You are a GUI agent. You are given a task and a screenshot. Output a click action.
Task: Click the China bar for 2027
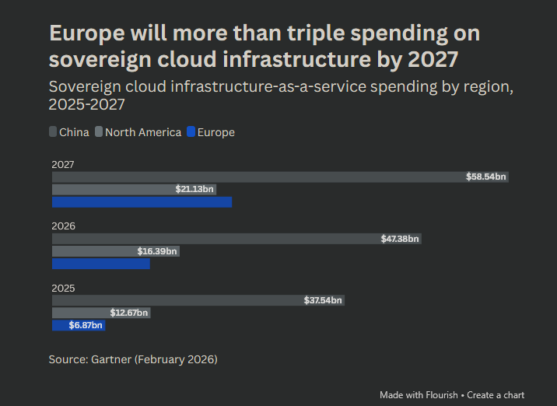tap(257, 177)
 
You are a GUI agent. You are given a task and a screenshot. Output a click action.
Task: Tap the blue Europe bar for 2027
tap(142, 202)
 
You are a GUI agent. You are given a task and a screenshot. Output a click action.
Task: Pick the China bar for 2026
tap(218, 239)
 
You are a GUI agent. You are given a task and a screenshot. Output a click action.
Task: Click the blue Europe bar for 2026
tap(100, 264)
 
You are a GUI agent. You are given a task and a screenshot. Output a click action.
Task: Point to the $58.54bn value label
tap(486, 177)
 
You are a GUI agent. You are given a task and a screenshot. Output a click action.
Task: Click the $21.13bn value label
tap(194, 190)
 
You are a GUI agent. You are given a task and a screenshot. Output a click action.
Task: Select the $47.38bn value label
tap(400, 239)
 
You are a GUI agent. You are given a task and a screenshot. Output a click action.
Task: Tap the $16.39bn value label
tap(157, 251)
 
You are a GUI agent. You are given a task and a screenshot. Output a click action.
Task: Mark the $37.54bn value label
tap(323, 300)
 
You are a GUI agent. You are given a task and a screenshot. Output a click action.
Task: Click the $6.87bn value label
tap(86, 325)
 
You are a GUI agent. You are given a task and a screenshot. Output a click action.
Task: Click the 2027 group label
tap(63, 165)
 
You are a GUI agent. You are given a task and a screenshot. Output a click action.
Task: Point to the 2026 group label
tap(63, 226)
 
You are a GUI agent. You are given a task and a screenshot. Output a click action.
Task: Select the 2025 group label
tap(63, 288)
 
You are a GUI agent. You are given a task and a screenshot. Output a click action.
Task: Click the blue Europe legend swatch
tap(191, 132)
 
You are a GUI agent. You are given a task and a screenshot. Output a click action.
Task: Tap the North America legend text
tap(143, 132)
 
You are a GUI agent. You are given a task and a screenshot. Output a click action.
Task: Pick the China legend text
tap(74, 132)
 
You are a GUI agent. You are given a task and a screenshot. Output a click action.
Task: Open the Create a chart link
tap(496, 395)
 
